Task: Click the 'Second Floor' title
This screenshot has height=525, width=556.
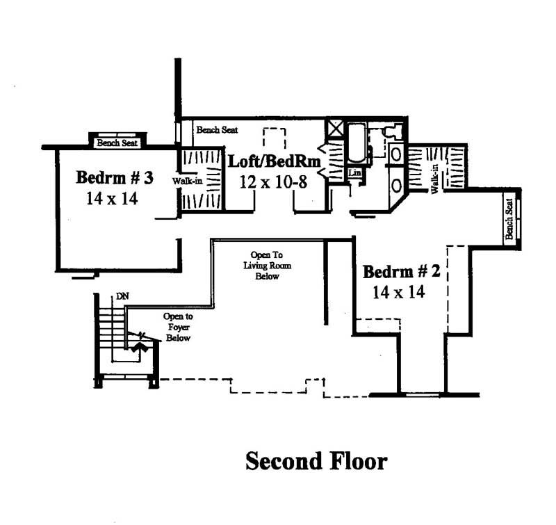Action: [316, 461]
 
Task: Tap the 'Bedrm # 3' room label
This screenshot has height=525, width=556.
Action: [114, 177]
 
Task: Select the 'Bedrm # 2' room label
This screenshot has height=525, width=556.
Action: [401, 271]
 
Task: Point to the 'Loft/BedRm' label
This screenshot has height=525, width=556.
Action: [275, 162]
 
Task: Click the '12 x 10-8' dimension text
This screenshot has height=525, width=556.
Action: [273, 182]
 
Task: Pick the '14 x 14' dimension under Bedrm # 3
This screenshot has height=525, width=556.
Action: [113, 198]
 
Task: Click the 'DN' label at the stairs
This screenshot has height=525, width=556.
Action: [122, 296]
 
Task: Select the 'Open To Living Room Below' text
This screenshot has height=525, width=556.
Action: [261, 266]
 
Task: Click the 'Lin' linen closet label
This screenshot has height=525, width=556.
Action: [354, 172]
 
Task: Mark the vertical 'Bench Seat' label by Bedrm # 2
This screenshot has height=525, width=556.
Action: [509, 219]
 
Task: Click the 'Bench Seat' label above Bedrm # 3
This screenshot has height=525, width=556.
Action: [117, 143]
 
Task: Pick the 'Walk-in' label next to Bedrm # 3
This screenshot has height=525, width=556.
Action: [186, 179]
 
